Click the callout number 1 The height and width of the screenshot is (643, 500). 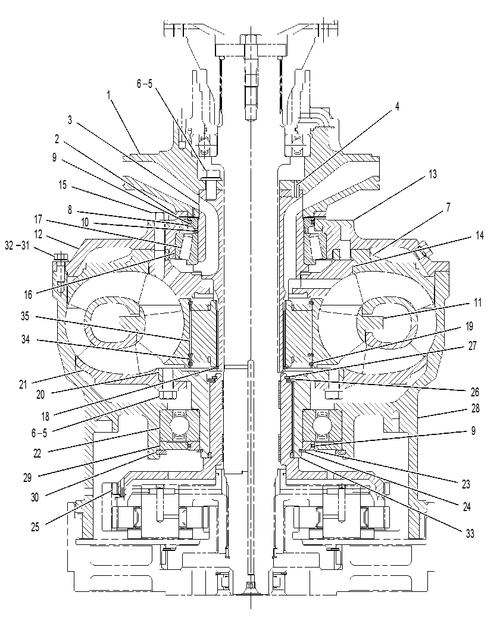[109, 96]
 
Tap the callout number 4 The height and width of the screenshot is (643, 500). [397, 106]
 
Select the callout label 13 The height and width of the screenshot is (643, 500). [433, 174]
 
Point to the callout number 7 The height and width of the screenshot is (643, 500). [448, 208]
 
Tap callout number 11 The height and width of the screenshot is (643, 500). [477, 302]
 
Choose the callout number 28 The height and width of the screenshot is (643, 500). [476, 408]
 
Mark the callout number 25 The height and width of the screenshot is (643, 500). [35, 527]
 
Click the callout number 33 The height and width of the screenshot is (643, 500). [470, 534]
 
